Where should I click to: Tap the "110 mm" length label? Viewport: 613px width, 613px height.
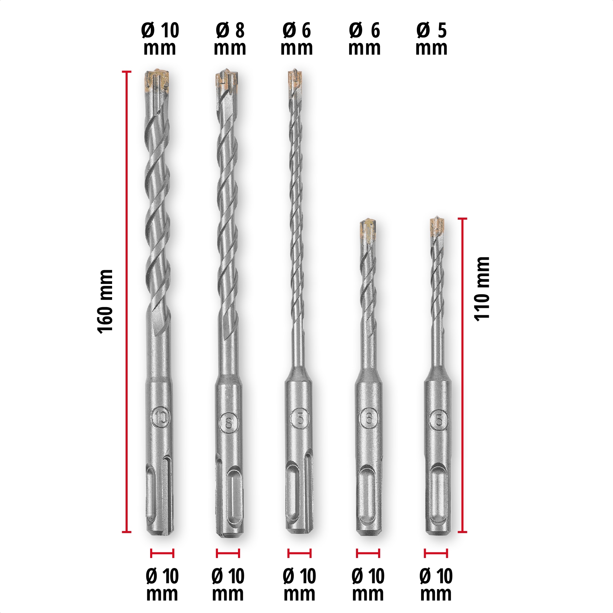(482, 289)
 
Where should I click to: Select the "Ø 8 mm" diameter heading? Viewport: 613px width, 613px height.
(230, 39)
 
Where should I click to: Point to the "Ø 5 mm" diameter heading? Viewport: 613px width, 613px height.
(431, 39)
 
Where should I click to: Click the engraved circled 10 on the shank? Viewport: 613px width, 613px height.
(161, 418)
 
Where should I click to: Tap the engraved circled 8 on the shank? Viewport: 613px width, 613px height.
(229, 422)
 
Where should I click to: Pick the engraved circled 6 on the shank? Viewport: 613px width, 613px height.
(369, 418)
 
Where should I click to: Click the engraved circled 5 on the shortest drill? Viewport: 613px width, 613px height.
(438, 420)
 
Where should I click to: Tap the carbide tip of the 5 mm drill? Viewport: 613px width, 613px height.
(437, 226)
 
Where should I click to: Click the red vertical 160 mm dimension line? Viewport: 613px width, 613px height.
(127, 302)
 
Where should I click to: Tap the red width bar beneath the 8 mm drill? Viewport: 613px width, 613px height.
(228, 553)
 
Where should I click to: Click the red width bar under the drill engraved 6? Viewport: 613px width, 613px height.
(368, 553)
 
